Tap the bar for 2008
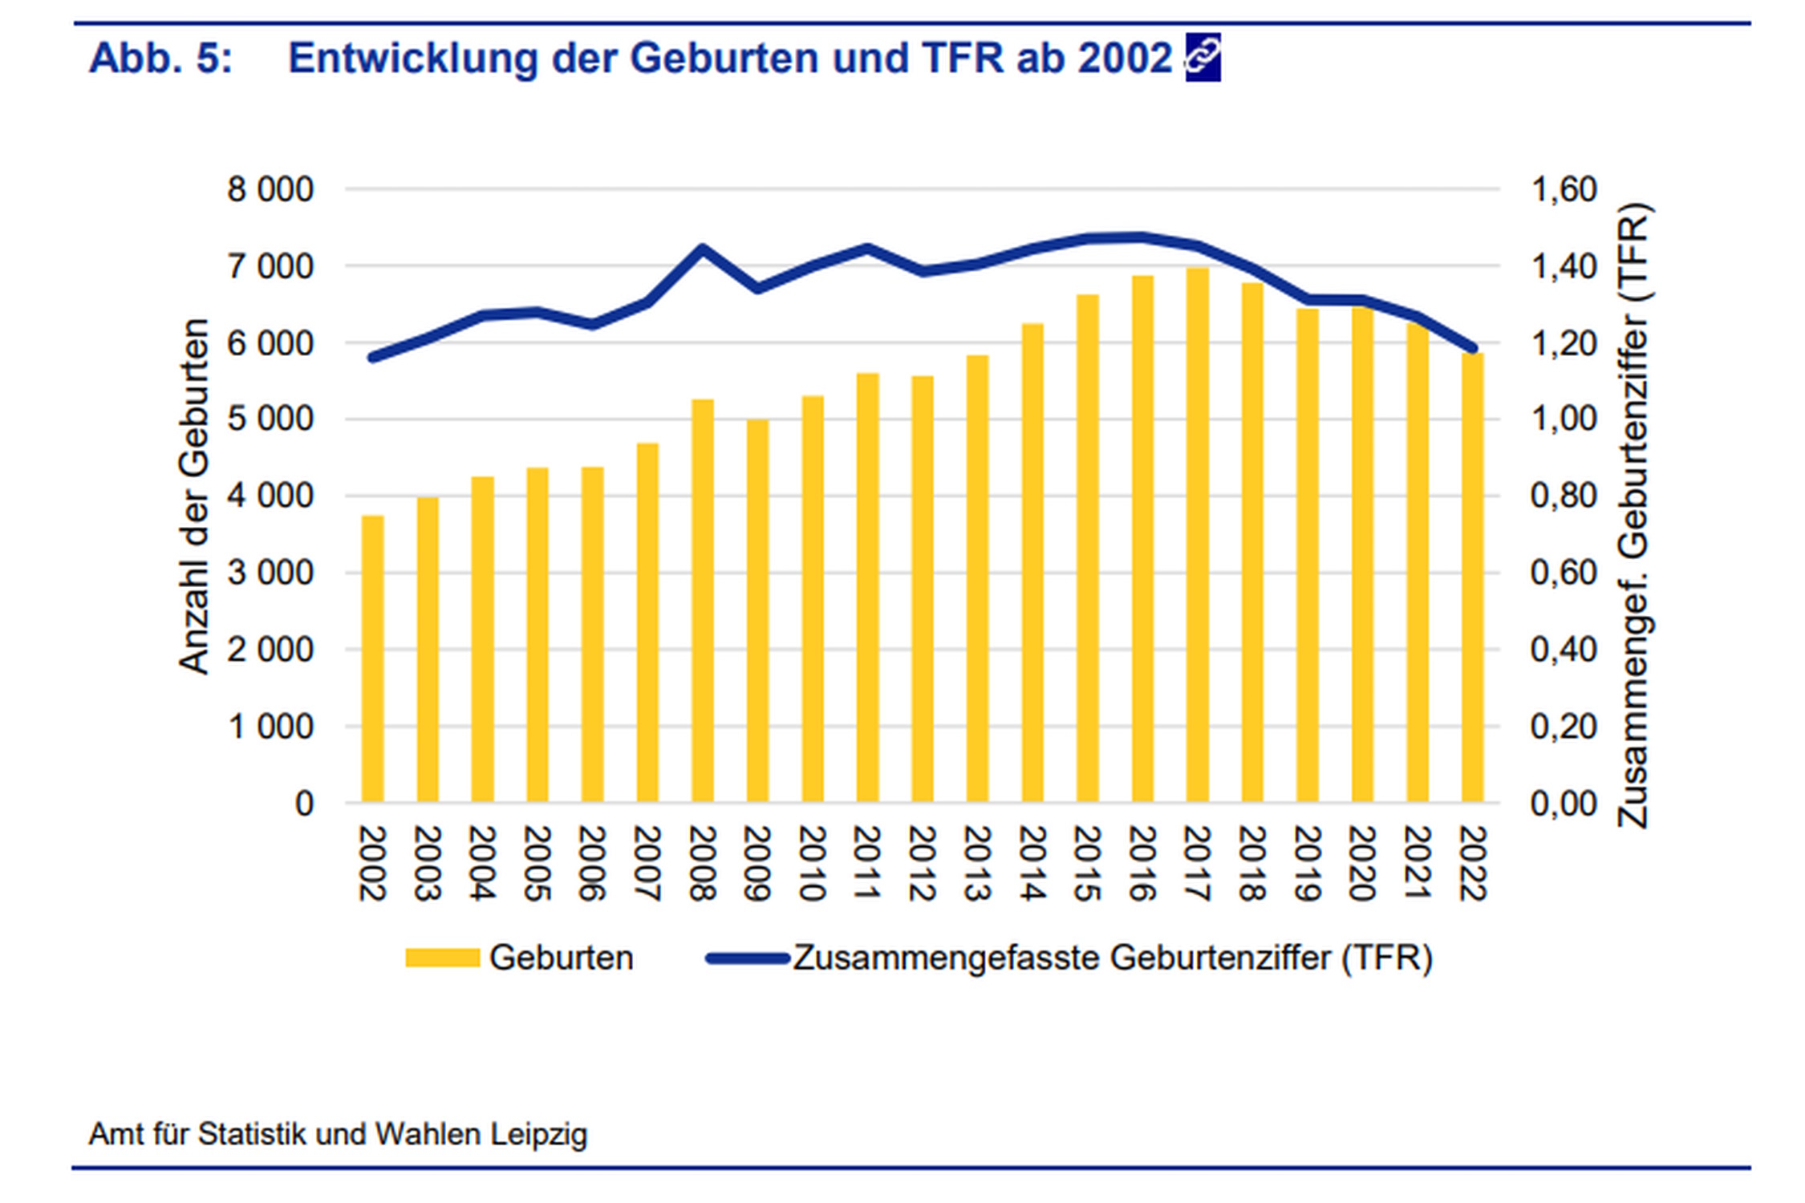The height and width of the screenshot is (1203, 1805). [x=702, y=601]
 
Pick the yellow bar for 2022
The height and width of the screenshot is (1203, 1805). [x=1472, y=577]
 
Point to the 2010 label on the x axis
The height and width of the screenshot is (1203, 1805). [x=812, y=864]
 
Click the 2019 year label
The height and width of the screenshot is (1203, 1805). [x=1307, y=864]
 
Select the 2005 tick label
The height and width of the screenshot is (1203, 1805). [x=537, y=864]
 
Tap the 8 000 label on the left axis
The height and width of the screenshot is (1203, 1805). [x=270, y=190]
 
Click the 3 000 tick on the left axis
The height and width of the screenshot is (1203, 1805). [x=270, y=573]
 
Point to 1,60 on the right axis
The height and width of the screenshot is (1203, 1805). [x=1564, y=190]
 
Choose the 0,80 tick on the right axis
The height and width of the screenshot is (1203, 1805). [x=1564, y=496]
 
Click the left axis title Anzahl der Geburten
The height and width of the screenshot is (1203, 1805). [x=193, y=497]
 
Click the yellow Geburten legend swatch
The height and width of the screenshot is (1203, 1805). [x=442, y=958]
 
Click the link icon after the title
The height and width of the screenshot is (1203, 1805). [x=1203, y=58]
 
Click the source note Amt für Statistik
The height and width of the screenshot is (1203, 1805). [x=338, y=1134]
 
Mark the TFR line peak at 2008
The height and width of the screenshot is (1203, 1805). [x=702, y=249]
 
